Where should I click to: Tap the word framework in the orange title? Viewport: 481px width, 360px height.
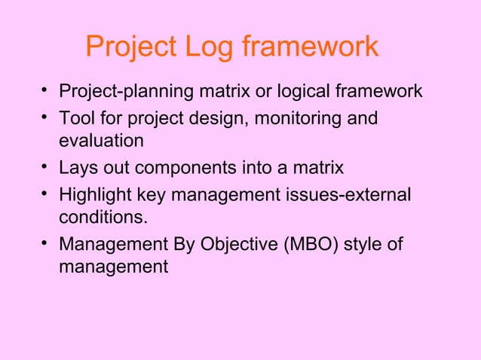311,47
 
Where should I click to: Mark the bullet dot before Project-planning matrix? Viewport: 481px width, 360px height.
47,93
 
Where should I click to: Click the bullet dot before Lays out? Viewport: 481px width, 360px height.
47,168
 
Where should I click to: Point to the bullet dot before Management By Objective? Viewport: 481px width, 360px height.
47,244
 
